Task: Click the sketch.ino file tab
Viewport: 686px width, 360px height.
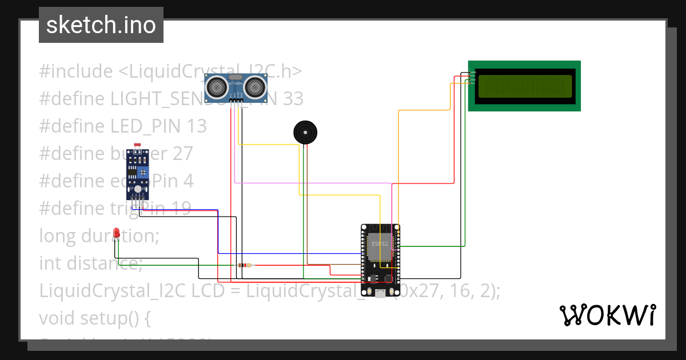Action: (101, 25)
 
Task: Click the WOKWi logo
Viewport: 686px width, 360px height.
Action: (607, 315)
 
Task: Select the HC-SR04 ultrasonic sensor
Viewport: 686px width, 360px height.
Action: (236, 87)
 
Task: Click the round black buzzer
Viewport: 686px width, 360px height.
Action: (305, 133)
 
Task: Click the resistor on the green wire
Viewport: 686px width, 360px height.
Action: (244, 265)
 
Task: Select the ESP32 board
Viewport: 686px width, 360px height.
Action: (380, 261)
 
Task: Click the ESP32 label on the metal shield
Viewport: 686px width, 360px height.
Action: (380, 243)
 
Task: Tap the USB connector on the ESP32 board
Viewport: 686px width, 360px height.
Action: (380, 293)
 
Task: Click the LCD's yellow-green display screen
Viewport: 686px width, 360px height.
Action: (525, 86)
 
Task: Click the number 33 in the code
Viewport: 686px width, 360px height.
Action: (293, 99)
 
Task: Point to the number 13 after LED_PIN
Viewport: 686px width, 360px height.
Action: (197, 126)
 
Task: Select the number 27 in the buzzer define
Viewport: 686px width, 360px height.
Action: (184, 154)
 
